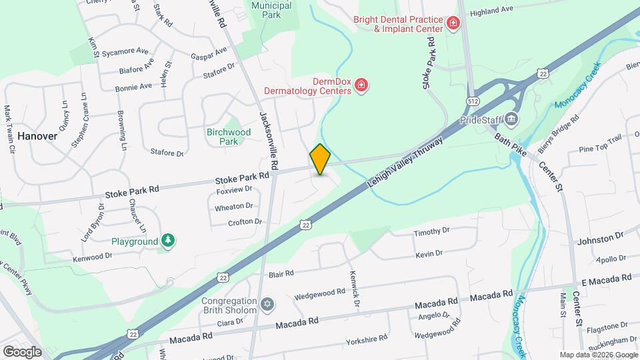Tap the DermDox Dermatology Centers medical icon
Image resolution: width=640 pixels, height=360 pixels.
(x=361, y=85)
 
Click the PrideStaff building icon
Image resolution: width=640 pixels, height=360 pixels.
(x=511, y=120)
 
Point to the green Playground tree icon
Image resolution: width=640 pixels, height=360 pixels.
(x=169, y=241)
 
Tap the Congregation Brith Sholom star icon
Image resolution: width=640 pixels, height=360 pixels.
(x=267, y=305)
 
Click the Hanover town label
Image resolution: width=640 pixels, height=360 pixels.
(x=37, y=135)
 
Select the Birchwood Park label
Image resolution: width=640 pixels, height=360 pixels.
(x=229, y=137)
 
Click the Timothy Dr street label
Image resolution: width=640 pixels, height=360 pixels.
(x=432, y=232)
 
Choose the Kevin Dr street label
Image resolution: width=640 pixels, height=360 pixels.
(x=429, y=254)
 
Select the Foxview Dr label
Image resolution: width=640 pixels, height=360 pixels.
(x=234, y=190)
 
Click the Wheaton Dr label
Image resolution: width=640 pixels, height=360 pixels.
(x=233, y=207)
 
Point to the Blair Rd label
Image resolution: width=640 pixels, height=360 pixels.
(x=281, y=274)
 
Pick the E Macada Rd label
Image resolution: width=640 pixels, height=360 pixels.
(x=606, y=279)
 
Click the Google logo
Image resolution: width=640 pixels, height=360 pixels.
(x=22, y=351)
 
